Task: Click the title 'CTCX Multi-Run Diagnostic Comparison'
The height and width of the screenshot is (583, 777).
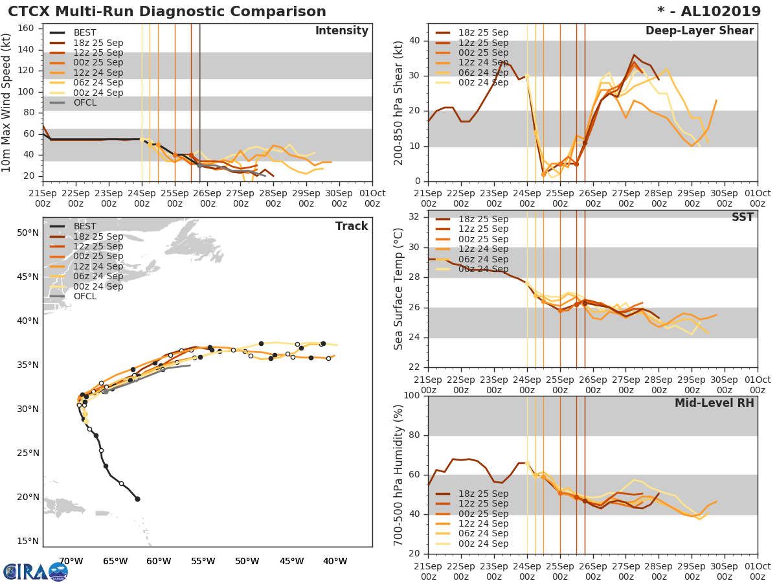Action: pos(167,12)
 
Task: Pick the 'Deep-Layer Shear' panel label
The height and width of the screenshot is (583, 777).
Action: pos(699,32)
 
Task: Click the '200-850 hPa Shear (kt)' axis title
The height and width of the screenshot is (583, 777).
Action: pos(400,102)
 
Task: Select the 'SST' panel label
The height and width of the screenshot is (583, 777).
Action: pos(742,218)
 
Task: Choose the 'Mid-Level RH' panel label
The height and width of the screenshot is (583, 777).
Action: pos(714,404)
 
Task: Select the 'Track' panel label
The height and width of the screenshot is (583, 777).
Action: pos(352,227)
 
